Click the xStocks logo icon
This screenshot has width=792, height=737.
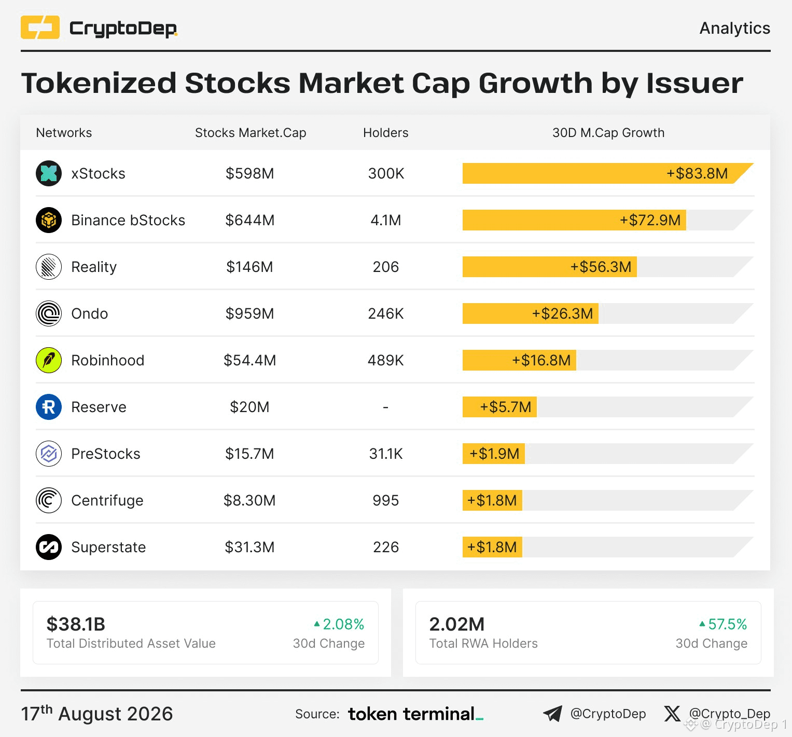pos(49,173)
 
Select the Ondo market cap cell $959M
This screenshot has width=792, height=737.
pos(249,313)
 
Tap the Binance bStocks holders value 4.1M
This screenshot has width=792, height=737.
pos(386,220)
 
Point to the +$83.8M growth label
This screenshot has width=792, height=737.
pos(697,173)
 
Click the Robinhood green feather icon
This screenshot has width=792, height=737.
pos(49,360)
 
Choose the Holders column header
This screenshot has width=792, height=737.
pos(386,133)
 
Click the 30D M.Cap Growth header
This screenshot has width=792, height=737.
pos(608,133)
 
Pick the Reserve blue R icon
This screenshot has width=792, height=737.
pos(49,407)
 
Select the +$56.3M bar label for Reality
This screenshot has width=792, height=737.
pos(601,267)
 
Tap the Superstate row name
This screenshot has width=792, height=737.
pos(108,547)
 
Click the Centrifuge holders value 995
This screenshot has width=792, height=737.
pos(386,500)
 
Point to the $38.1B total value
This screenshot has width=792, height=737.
pos(76,624)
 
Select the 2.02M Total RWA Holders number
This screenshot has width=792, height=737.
pos(457,624)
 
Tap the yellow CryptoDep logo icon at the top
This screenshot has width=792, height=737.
pos(40,28)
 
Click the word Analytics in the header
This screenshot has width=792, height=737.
pos(735,28)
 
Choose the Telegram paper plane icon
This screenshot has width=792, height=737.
pos(552,714)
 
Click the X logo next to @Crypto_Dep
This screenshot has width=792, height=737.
pos(672,714)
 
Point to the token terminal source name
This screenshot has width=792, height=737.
pos(415,714)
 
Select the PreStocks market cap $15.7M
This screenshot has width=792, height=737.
pos(249,454)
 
